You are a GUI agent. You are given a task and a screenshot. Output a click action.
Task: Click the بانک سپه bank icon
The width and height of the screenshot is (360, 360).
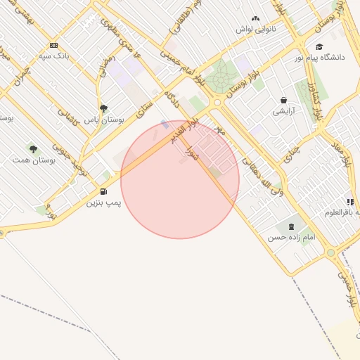tap(54, 45)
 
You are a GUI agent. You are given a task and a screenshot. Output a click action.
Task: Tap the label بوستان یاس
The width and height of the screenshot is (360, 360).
tap(104, 120)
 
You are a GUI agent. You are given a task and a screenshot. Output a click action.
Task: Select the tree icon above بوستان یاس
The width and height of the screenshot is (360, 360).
tap(104, 108)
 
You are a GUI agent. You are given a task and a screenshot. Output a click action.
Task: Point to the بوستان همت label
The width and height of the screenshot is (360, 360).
tap(33, 160)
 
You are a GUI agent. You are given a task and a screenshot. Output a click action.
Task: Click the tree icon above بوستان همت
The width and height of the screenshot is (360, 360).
tap(33, 148)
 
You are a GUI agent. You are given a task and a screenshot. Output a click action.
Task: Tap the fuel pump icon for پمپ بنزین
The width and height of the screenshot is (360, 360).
tap(104, 191)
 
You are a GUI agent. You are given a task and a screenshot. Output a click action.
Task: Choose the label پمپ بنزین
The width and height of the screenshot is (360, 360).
tap(104, 202)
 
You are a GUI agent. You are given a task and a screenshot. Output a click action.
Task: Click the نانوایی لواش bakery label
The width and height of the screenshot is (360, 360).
tap(254, 30)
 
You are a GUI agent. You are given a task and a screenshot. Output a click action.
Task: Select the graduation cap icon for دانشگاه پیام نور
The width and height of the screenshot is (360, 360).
tap(319, 46)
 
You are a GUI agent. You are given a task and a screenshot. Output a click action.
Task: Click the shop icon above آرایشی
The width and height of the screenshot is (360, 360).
tap(283, 101)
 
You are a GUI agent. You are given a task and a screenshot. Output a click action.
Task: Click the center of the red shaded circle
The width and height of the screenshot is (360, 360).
tap(180, 180)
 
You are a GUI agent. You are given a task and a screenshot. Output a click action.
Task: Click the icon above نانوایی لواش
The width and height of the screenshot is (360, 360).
tap(255, 19)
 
